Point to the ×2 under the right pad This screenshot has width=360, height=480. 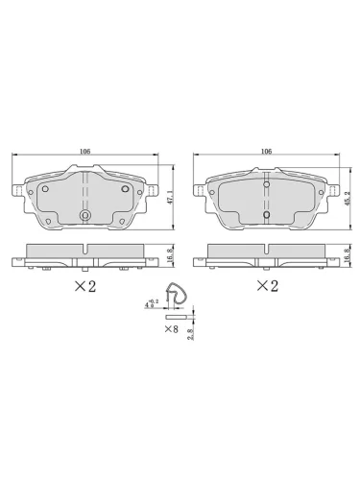click(266, 286)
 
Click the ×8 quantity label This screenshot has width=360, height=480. click(172, 330)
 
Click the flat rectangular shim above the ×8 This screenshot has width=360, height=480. click(178, 316)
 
